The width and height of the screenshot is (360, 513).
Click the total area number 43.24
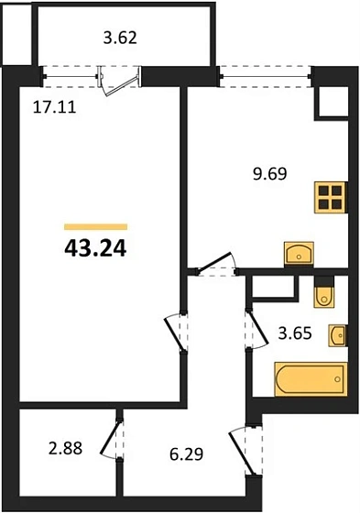[95, 247]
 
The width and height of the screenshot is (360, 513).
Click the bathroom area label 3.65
[294, 334]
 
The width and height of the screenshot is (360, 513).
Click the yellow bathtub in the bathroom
[310, 378]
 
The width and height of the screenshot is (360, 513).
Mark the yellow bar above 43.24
[95, 225]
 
